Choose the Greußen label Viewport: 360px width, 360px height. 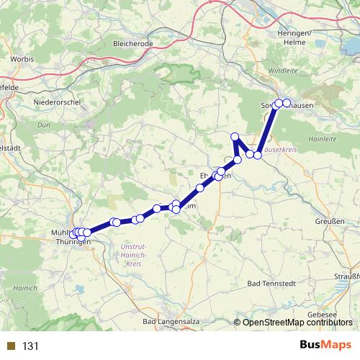click(330, 222)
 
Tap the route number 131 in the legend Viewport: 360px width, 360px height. click(31, 346)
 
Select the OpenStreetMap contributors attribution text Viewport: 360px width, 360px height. click(297, 323)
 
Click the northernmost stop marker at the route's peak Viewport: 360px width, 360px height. click(234, 137)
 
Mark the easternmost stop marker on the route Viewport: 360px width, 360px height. click(287, 103)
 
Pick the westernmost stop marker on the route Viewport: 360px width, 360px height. click(73, 234)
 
